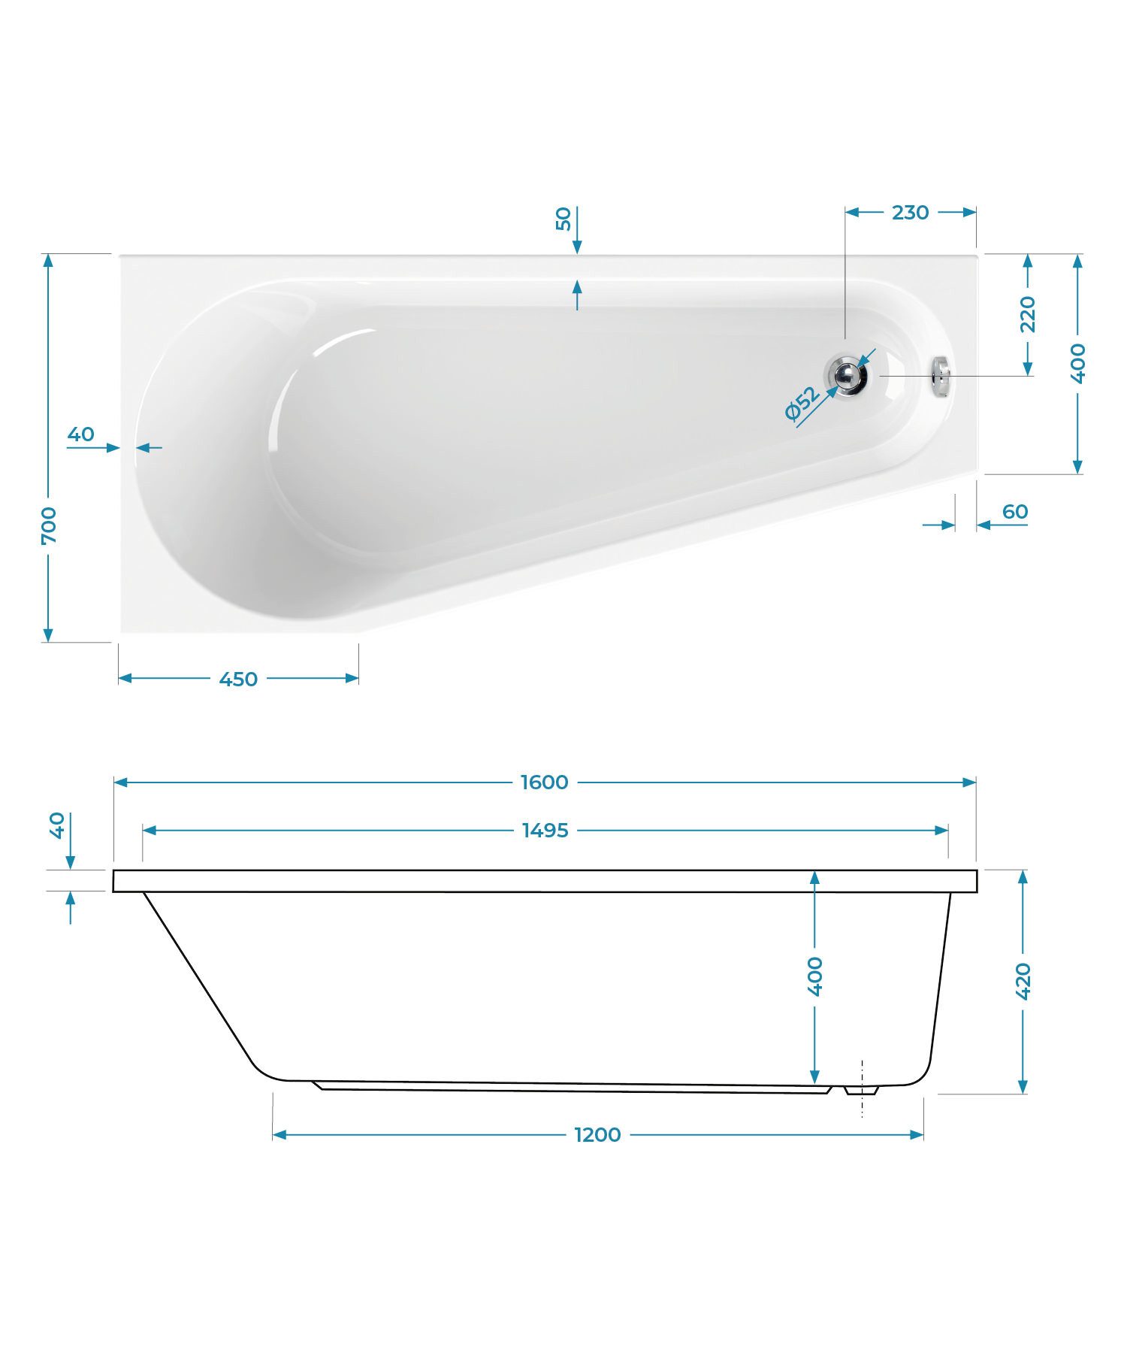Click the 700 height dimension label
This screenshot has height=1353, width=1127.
point(49,525)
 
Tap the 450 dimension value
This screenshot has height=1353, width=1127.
point(238,679)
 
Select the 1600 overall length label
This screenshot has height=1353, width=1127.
point(544,782)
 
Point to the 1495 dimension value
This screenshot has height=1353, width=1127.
point(545,831)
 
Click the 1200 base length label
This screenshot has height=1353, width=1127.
point(597,1134)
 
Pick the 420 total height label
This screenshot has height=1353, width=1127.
point(1023,981)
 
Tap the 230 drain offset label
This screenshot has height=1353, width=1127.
point(910,213)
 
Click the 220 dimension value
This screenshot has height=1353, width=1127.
point(1028,314)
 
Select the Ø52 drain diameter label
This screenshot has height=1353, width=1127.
point(802,404)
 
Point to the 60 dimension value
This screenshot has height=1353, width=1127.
point(1014,512)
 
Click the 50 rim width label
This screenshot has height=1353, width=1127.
point(563,219)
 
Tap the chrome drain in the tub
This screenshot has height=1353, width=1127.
point(847,375)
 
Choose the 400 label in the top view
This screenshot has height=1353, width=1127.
point(1078,363)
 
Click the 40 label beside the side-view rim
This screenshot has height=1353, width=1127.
point(58,825)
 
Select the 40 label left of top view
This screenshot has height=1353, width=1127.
point(81,434)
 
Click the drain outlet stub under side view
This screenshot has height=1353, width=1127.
point(861,1090)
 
